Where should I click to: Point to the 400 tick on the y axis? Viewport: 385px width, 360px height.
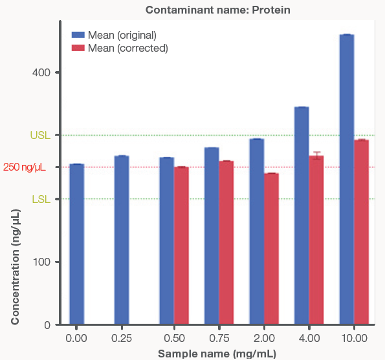41,72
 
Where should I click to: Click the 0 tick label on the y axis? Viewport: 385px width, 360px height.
47,324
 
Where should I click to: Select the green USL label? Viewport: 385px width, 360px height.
40,136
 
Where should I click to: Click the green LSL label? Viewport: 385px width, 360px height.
41,199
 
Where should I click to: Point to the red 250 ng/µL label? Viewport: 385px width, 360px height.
24,167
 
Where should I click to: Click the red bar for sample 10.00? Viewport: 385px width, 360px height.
361,232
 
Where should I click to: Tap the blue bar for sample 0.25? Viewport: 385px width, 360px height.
122,240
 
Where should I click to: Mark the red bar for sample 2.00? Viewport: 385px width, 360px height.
271,249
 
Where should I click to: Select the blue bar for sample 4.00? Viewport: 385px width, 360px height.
302,216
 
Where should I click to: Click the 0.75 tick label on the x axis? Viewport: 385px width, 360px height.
212,338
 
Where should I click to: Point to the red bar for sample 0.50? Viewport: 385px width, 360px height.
181,246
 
